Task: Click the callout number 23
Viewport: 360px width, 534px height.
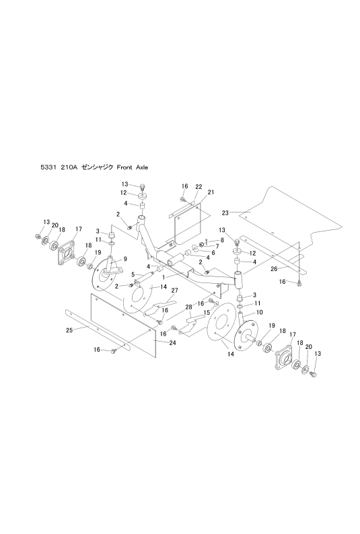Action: pyautogui.click(x=225, y=213)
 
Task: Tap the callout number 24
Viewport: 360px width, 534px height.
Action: pyautogui.click(x=172, y=343)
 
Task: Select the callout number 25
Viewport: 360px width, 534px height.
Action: pyautogui.click(x=69, y=330)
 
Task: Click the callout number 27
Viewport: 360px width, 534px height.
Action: pyautogui.click(x=175, y=290)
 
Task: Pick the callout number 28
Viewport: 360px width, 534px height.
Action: pyautogui.click(x=188, y=307)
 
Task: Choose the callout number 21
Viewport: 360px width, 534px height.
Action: pyautogui.click(x=211, y=192)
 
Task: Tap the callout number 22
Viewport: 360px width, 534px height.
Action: pyautogui.click(x=199, y=186)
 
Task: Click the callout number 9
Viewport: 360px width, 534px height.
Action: pyautogui.click(x=125, y=259)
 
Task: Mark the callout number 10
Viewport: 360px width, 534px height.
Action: pyautogui.click(x=260, y=312)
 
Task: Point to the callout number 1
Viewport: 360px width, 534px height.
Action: pyautogui.click(x=163, y=278)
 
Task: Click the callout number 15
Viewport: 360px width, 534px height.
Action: pyautogui.click(x=207, y=312)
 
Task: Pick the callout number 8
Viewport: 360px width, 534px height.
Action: pyautogui.click(x=222, y=239)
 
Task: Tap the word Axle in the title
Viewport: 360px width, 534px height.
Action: pyautogui.click(x=142, y=167)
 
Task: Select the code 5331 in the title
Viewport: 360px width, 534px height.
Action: pyautogui.click(x=47, y=167)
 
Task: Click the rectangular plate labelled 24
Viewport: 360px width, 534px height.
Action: pyautogui.click(x=123, y=326)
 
